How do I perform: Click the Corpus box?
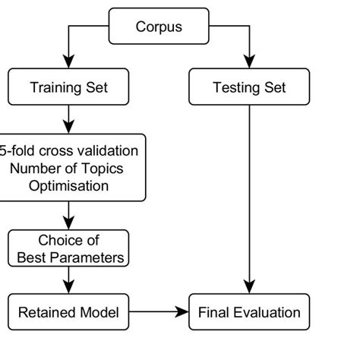[x=159, y=27]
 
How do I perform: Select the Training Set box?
[x=69, y=87]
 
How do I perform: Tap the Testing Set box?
[x=249, y=87]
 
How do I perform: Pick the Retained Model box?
[x=69, y=312]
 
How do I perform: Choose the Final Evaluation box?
[x=249, y=312]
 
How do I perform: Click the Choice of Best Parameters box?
[x=69, y=248]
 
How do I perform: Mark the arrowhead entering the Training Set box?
[x=69, y=62]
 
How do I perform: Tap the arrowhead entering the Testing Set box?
[x=249, y=62]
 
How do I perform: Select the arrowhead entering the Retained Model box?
[x=69, y=287]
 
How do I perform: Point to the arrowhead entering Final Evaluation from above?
[x=249, y=287]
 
